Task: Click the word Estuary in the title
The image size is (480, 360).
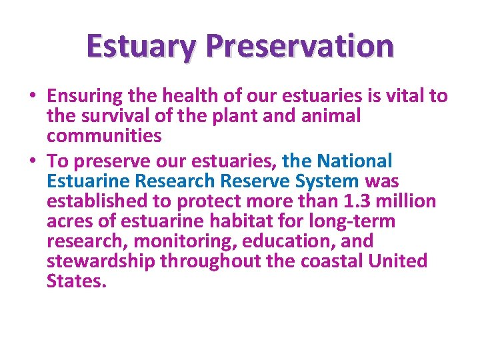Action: pyautogui.click(x=141, y=46)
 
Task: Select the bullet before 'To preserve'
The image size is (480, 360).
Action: pyautogui.click(x=33, y=161)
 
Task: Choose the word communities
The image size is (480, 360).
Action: pyautogui.click(x=104, y=136)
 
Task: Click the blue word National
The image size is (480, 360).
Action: pyautogui.click(x=355, y=161)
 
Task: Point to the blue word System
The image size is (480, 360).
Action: pyautogui.click(x=329, y=181)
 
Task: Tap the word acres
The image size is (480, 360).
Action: pyautogui.click(x=69, y=221)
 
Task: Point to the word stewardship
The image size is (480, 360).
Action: pyautogui.click(x=100, y=261)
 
